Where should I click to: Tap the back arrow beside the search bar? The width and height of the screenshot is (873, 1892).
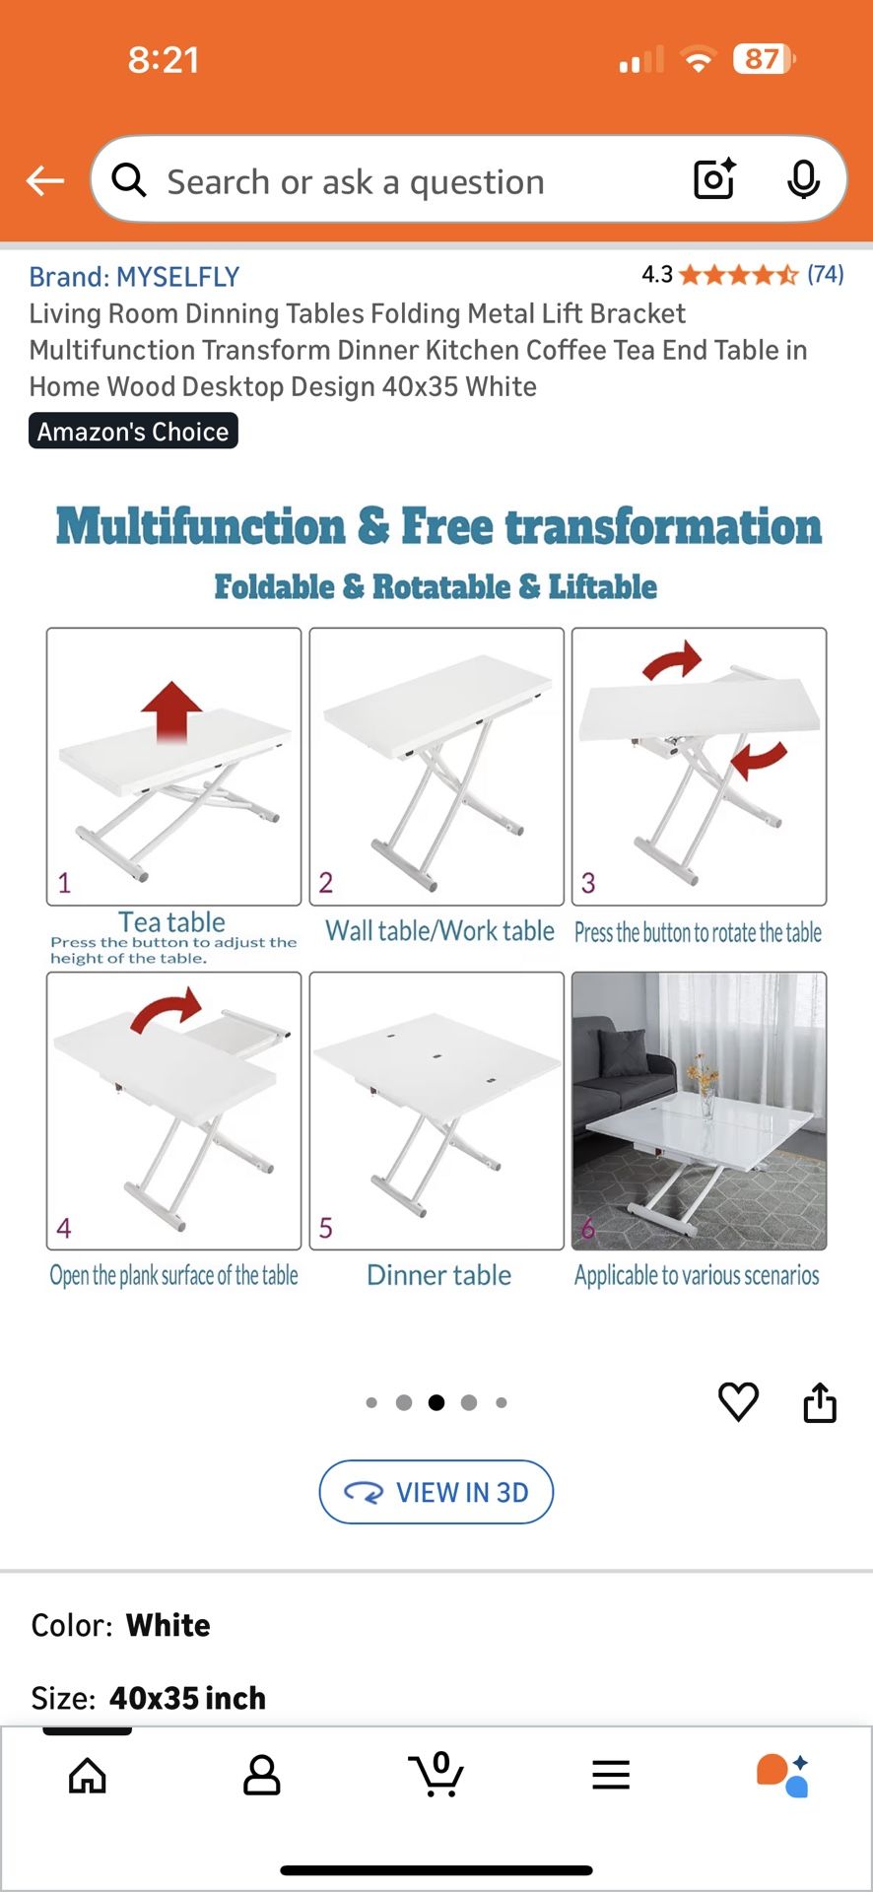(45, 180)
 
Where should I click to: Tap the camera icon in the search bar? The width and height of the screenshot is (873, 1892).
(714, 179)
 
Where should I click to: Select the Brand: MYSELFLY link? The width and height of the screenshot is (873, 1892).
(134, 277)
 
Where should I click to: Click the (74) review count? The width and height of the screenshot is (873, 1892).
(825, 274)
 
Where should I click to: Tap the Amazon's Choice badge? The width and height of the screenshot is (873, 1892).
(133, 432)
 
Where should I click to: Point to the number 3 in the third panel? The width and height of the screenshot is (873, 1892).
(588, 882)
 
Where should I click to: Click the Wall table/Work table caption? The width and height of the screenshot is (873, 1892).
(439, 931)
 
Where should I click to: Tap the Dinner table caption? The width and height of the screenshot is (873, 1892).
(438, 1275)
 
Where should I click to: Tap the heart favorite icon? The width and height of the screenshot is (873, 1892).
(738, 1401)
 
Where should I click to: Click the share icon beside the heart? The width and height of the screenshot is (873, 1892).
(820, 1401)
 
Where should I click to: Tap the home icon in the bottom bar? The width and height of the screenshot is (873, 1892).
(88, 1776)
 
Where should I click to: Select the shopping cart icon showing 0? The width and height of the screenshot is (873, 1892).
(436, 1775)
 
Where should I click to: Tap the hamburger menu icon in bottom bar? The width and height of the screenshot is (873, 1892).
(611, 1776)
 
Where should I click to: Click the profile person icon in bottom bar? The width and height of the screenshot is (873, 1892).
(262, 1776)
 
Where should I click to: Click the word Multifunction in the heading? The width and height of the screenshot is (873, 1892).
(200, 526)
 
